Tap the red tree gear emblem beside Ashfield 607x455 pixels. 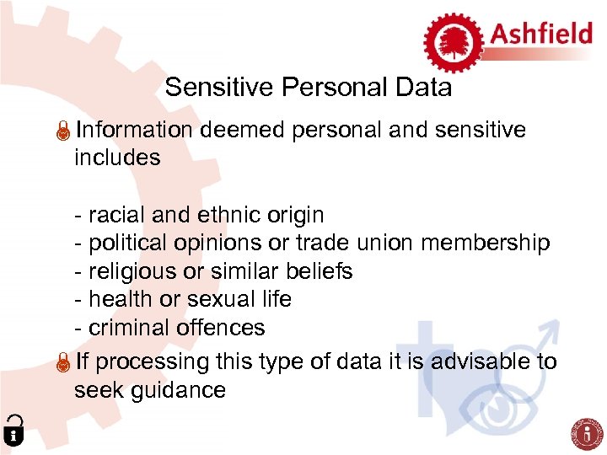coord(453,40)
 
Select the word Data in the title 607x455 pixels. coord(423,88)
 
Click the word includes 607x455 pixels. coord(117,158)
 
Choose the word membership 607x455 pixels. coord(485,244)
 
